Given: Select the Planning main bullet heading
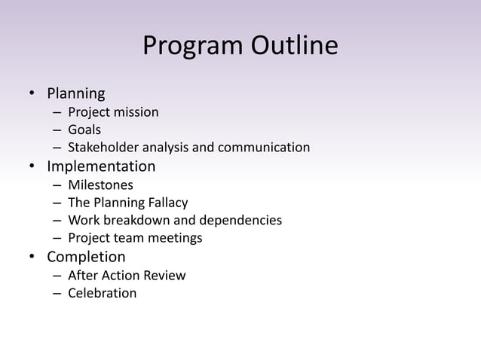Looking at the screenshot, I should click(76, 94).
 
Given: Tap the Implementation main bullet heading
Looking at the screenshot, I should click(101, 166).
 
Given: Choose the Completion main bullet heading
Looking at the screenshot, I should click(86, 258).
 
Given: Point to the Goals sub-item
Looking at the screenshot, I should click(84, 130).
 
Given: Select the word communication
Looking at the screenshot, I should click(264, 148).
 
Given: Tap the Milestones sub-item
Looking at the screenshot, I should click(100, 185).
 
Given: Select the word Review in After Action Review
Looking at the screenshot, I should click(165, 276).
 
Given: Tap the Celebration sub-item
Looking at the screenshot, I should click(103, 294).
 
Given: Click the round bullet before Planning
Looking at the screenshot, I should click(32, 95).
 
